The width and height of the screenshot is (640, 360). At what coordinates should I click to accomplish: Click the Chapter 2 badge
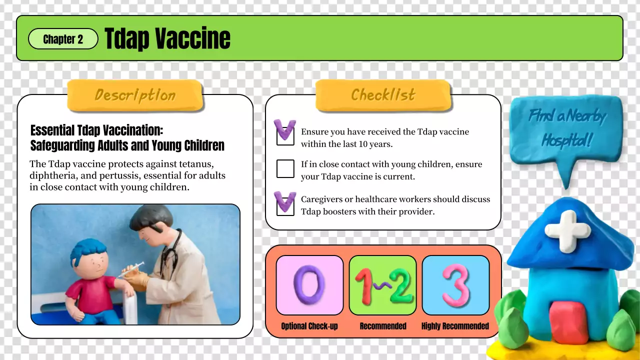click(63, 39)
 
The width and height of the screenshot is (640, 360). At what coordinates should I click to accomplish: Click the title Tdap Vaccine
click(167, 38)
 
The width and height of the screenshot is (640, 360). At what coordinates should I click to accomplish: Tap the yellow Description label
click(135, 95)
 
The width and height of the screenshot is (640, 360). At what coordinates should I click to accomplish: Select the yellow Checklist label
click(383, 94)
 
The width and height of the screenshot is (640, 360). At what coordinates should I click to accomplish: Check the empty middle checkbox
click(285, 169)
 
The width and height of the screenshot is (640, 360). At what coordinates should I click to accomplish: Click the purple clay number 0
click(309, 285)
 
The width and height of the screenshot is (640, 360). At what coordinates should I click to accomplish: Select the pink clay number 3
click(455, 285)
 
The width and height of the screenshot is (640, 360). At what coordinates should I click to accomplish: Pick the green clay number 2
click(400, 286)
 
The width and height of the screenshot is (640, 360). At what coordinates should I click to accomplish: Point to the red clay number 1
click(364, 286)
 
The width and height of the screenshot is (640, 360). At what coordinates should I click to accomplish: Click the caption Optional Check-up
click(309, 326)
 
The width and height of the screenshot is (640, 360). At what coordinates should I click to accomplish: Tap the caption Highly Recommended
click(455, 326)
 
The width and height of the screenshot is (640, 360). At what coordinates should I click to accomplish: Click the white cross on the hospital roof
click(567, 230)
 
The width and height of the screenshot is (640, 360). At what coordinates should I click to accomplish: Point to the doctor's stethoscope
click(172, 255)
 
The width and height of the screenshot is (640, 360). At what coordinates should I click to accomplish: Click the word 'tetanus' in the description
click(196, 164)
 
